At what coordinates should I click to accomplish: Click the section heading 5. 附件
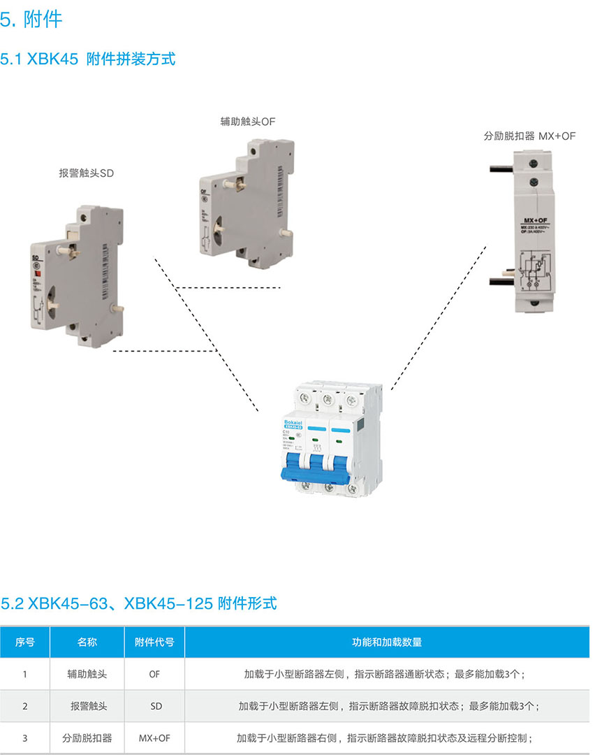[31, 19]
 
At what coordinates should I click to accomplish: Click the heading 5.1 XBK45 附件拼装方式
[88, 59]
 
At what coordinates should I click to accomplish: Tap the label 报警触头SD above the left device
[86, 173]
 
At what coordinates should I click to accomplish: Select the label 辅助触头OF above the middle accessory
[248, 121]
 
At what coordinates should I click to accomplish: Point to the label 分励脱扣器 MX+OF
[529, 136]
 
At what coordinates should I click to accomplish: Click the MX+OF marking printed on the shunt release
[535, 221]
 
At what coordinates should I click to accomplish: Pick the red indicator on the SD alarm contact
[35, 271]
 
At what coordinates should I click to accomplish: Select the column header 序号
[25, 642]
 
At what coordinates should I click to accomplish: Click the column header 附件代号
[154, 642]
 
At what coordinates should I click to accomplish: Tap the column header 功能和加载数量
[386, 642]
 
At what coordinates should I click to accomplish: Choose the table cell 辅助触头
[87, 675]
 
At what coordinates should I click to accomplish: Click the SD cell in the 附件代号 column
[155, 706]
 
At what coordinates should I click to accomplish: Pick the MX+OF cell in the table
[154, 738]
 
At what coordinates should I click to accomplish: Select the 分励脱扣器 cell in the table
[87, 738]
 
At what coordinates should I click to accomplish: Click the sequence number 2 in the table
[25, 706]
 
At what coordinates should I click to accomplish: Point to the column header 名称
[87, 642]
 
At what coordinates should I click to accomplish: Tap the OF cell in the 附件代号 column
[154, 675]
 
